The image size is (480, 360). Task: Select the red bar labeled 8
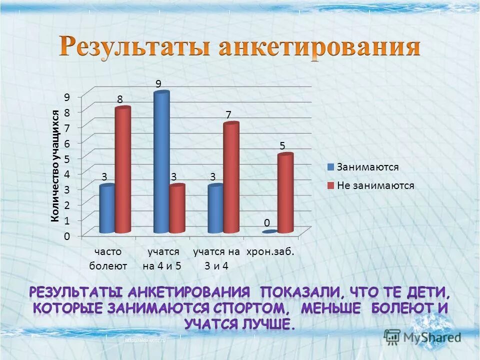[123, 170]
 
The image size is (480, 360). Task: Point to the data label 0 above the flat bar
[267, 221]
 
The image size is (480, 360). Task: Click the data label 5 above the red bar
[282, 146]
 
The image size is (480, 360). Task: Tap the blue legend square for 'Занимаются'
[330, 167]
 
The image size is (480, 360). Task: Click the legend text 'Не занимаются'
[375, 185]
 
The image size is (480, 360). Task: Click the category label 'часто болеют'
[108, 258]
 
